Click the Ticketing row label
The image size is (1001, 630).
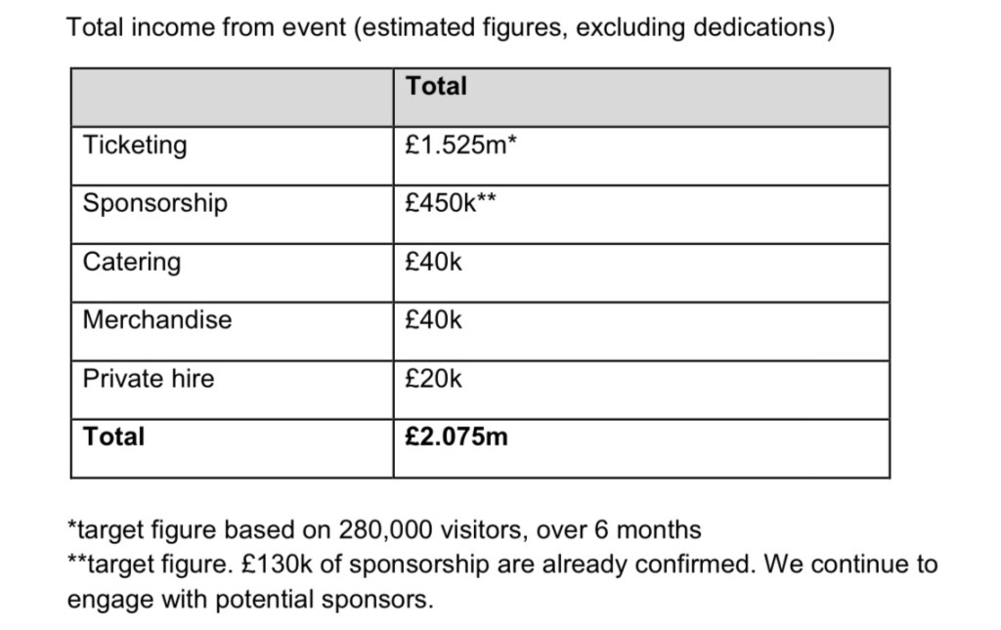pyautogui.click(x=134, y=146)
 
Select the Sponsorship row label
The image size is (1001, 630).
pyautogui.click(x=154, y=203)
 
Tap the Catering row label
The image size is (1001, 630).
pyautogui.click(x=131, y=262)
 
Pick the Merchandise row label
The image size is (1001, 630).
pyautogui.click(x=156, y=319)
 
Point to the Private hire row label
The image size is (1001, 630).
pyautogui.click(x=148, y=378)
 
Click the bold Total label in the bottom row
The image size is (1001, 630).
pyautogui.click(x=113, y=437)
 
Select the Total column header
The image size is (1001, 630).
pyautogui.click(x=436, y=86)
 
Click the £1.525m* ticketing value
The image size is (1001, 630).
pyautogui.click(x=459, y=146)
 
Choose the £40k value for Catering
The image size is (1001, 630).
pyautogui.click(x=433, y=262)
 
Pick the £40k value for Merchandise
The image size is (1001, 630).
pyautogui.click(x=433, y=319)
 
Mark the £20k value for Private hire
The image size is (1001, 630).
pyautogui.click(x=433, y=378)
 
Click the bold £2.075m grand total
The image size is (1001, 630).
pyautogui.click(x=456, y=437)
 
